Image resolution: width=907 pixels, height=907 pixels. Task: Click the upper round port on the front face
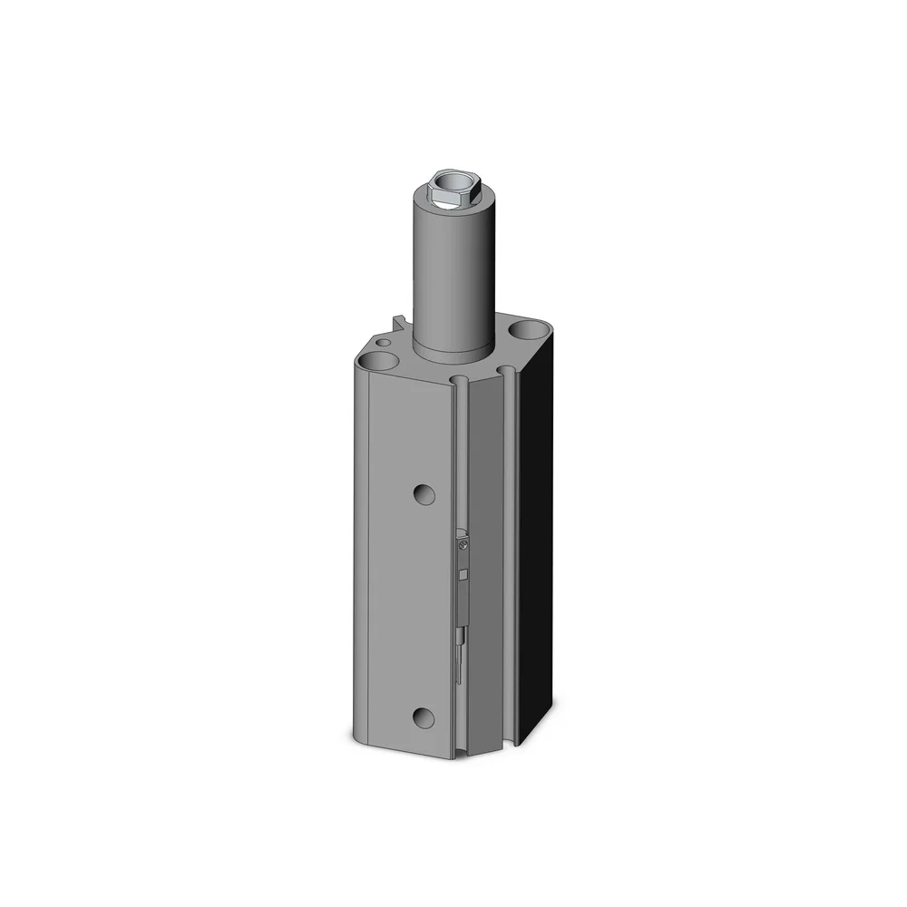[423, 494]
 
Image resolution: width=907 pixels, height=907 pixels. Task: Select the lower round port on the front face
[423, 717]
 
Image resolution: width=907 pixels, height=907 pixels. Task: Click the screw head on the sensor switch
[463, 545]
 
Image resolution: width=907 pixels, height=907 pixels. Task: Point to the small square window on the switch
[463, 573]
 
